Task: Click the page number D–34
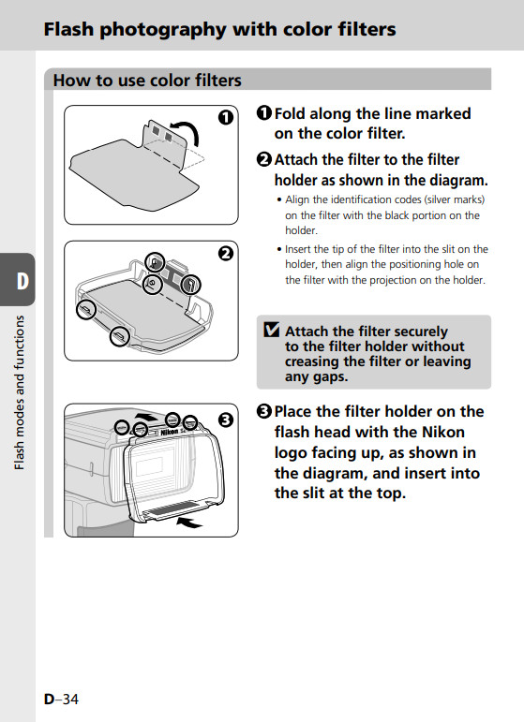pyautogui.click(x=61, y=699)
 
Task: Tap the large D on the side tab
pyautogui.click(x=22, y=281)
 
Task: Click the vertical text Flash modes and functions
pyautogui.click(x=19, y=392)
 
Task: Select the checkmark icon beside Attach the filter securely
pyautogui.click(x=272, y=330)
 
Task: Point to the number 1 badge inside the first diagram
pyautogui.click(x=225, y=118)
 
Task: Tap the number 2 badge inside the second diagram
pyautogui.click(x=225, y=254)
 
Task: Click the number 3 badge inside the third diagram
pyautogui.click(x=225, y=420)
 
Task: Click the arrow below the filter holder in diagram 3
pyautogui.click(x=190, y=523)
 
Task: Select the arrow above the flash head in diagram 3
pyautogui.click(x=146, y=417)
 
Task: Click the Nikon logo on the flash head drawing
pyautogui.click(x=169, y=432)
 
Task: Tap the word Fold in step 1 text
pyautogui.click(x=290, y=113)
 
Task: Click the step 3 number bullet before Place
pyautogui.click(x=264, y=411)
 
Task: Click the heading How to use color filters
pyautogui.click(x=147, y=81)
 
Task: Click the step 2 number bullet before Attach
pyautogui.click(x=264, y=159)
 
